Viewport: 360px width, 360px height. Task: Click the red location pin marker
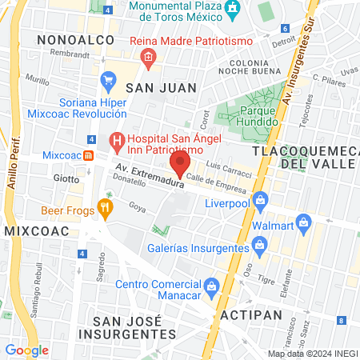(180, 164)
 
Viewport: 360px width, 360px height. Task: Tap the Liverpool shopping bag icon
(259, 199)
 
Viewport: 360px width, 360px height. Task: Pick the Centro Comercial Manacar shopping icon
(210, 285)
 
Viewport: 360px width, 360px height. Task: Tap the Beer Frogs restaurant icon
(105, 210)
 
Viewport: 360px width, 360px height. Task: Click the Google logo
(27, 350)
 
